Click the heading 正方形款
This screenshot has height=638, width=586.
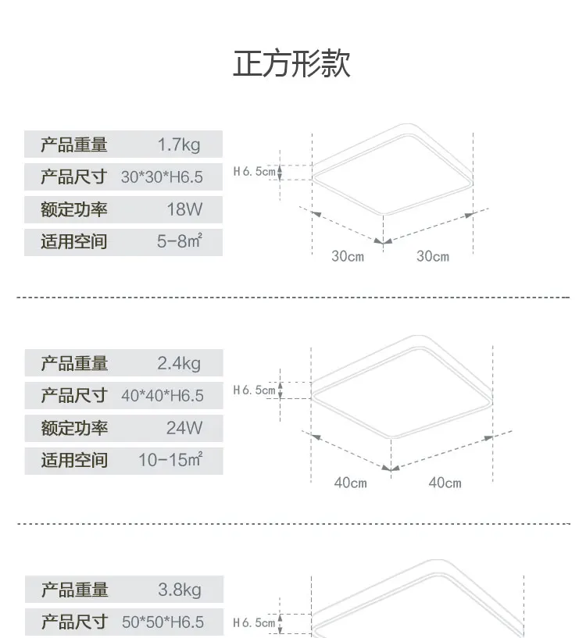(x=291, y=63)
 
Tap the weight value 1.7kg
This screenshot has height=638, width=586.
(x=179, y=144)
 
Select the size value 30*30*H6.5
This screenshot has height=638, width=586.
(x=162, y=177)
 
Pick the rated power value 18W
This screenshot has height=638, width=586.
(x=184, y=209)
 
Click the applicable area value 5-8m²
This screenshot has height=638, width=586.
(x=180, y=241)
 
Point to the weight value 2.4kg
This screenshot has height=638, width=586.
(x=179, y=363)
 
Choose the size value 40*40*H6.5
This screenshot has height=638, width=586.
(x=162, y=395)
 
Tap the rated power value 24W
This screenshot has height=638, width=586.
(x=184, y=428)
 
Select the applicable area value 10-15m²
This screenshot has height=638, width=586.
(x=170, y=460)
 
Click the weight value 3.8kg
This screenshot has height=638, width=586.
(x=180, y=590)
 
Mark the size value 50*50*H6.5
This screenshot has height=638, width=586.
(x=163, y=622)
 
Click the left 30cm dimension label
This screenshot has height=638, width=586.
(x=348, y=256)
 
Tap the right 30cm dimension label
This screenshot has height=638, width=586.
(x=433, y=256)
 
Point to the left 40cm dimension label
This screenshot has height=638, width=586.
(x=350, y=483)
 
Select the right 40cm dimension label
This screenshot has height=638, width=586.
(x=445, y=483)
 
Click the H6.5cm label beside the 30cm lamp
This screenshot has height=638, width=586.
(x=255, y=172)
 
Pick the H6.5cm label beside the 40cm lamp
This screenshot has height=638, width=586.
(x=255, y=390)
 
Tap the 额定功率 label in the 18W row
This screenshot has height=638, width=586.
(x=73, y=209)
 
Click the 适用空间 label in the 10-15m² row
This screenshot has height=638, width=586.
(x=74, y=460)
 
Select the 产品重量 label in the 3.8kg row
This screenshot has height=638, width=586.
(x=74, y=590)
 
